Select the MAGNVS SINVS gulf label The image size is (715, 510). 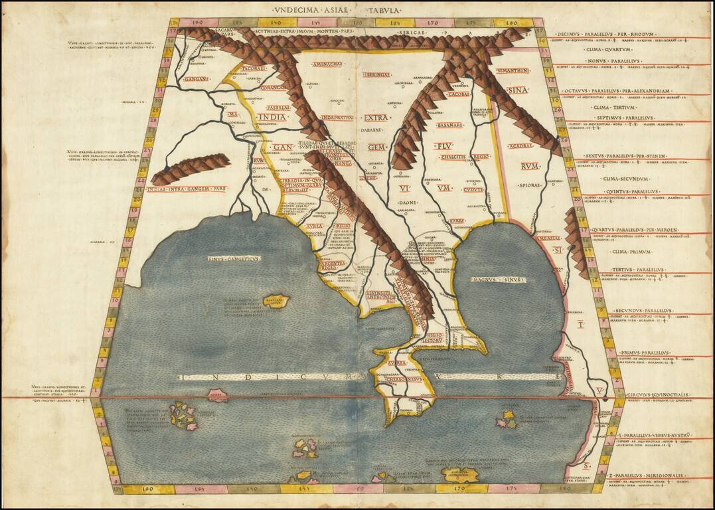498,280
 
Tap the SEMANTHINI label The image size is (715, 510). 512,70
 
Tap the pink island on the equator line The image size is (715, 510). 217,396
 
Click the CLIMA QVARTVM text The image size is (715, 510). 607,50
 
